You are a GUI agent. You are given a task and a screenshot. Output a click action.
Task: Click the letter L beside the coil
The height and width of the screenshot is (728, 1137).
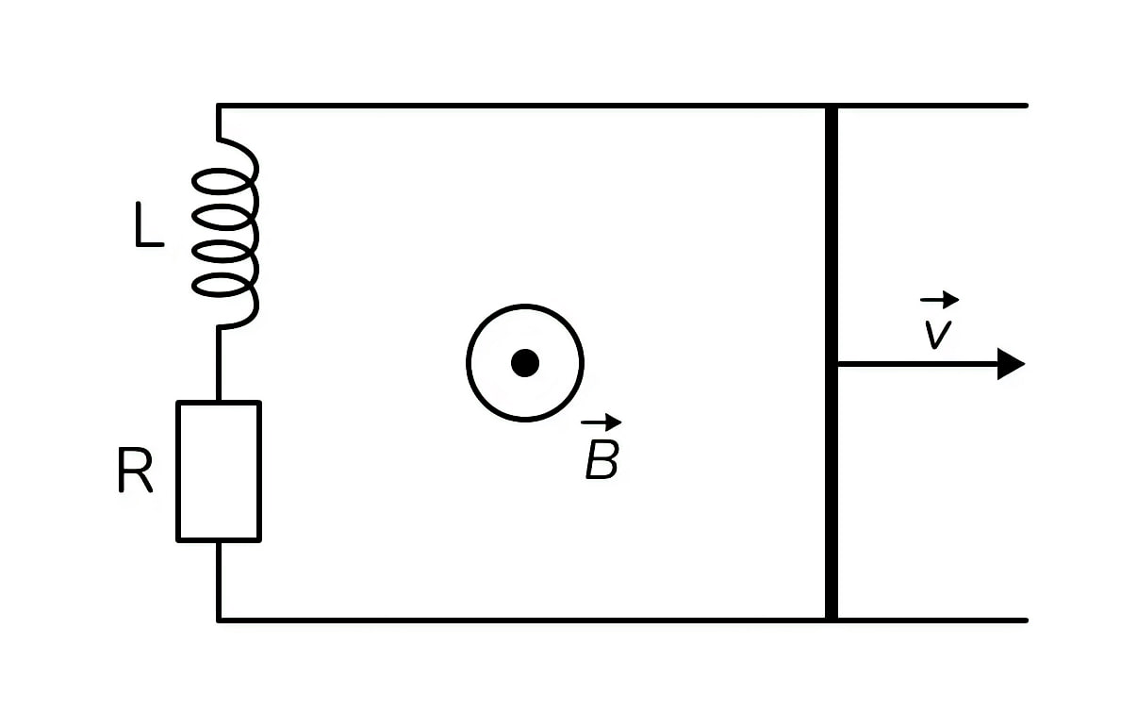(149, 224)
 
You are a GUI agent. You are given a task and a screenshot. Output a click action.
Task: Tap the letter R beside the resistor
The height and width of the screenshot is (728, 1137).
(135, 470)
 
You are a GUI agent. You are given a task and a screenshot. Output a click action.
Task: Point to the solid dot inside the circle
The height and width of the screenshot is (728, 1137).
(525, 363)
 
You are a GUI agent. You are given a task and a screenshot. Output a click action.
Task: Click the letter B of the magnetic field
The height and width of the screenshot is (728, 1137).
(602, 459)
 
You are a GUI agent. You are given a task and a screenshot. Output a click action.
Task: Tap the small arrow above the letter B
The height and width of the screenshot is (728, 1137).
(601, 422)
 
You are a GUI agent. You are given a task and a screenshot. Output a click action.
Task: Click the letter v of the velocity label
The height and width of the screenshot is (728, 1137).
(937, 335)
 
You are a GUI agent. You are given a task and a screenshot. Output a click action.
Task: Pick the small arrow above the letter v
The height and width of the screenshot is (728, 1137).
(940, 300)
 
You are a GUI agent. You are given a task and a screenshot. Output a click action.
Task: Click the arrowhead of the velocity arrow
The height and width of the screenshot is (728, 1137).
(1011, 363)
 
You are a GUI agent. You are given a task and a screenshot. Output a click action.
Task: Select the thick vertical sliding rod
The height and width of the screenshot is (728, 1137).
(832, 363)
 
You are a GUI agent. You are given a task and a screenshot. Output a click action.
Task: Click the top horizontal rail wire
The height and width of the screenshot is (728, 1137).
(622, 106)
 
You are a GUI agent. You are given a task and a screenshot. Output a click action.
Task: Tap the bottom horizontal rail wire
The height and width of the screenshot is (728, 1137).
(622, 620)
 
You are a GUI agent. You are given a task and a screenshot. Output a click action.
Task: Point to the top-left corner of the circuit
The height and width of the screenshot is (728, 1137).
(219, 106)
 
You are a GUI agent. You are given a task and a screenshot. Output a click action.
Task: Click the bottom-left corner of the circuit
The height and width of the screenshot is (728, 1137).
(219, 620)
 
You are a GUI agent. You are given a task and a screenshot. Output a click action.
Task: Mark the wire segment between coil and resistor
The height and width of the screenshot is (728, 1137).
(219, 364)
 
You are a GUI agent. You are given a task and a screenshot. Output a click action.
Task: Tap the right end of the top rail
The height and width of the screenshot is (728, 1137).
(1027, 106)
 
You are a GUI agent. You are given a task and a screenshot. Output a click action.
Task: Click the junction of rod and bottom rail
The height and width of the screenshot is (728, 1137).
(832, 620)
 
